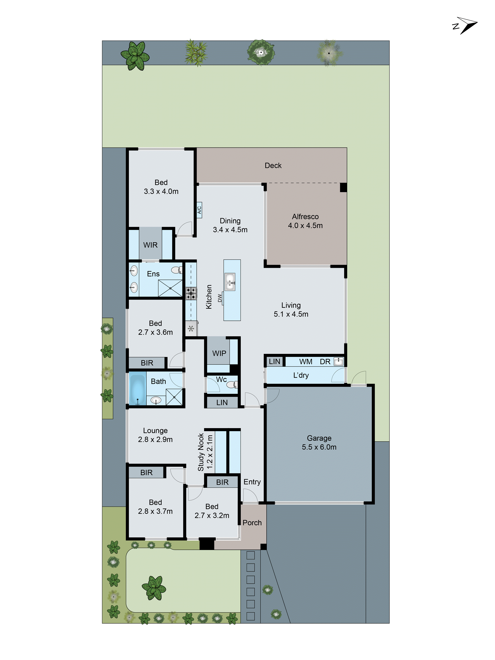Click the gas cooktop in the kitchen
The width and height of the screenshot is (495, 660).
(x=191, y=293)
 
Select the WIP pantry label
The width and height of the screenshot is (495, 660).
(x=219, y=353)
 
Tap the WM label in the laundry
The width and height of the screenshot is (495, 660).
(x=306, y=362)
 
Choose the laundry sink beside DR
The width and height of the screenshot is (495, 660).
(x=338, y=362)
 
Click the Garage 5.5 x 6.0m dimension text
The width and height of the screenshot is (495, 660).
(x=319, y=447)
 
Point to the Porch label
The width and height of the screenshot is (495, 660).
(x=252, y=523)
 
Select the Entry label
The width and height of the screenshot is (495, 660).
(x=252, y=482)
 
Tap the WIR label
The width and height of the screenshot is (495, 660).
(x=150, y=245)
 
